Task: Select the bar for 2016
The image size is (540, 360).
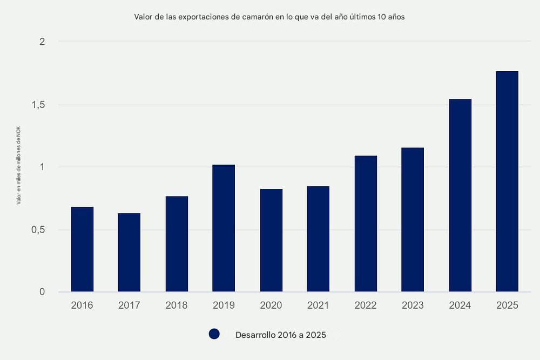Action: (82, 249)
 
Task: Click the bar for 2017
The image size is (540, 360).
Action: (129, 253)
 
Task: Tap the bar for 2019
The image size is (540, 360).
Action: (224, 228)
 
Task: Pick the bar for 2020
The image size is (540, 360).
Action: (271, 240)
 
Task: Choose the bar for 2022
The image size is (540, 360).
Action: (366, 224)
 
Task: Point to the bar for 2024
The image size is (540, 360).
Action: (460, 195)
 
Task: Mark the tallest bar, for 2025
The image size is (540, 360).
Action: (507, 181)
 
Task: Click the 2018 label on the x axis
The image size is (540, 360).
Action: (177, 305)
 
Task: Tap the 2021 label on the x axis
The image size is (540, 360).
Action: (318, 305)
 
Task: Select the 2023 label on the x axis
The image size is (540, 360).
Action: (413, 305)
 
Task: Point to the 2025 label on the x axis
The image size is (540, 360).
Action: (507, 305)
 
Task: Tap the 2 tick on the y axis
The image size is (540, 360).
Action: (42, 42)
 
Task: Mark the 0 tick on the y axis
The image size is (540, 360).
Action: (42, 293)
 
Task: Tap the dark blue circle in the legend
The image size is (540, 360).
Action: (214, 335)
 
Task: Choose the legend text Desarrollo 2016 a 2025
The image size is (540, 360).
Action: (280, 335)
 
